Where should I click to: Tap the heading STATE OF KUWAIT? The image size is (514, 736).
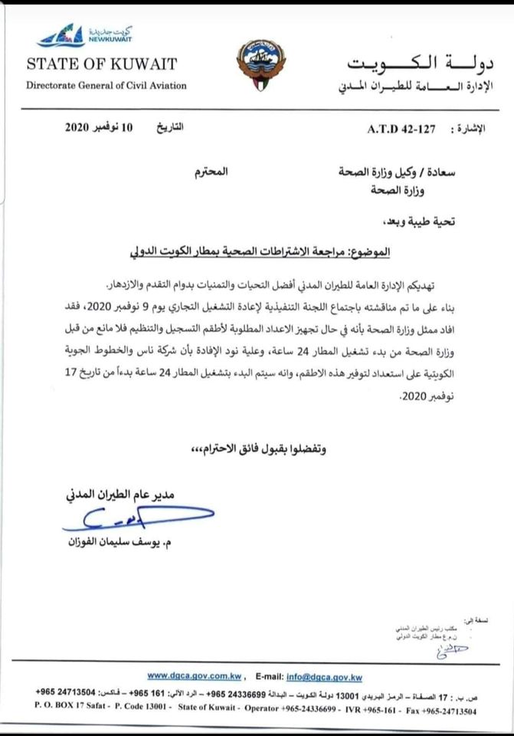pos(101,64)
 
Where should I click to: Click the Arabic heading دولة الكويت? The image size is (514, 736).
pos(427,63)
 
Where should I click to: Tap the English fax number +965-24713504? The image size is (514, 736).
pos(444,711)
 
